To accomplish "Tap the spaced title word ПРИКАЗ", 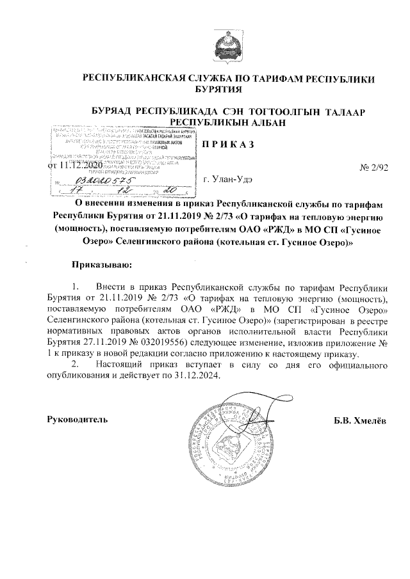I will [x=229, y=144].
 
